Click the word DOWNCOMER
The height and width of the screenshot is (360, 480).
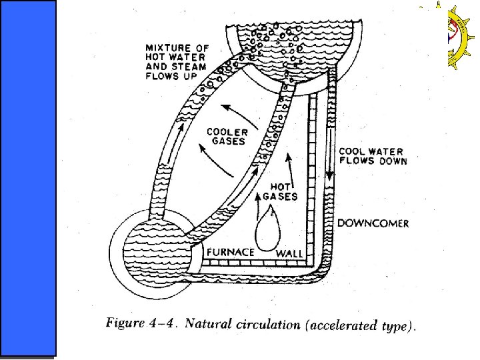[x=373, y=223]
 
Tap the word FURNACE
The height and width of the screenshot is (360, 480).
[x=230, y=252]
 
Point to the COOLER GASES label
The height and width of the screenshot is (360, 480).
[x=226, y=137]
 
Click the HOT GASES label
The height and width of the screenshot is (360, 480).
[x=280, y=192]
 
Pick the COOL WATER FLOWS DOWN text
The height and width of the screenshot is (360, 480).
[x=373, y=156]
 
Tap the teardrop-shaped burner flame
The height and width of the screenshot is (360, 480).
[x=268, y=230]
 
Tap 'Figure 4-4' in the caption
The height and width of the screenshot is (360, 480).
[x=141, y=325]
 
